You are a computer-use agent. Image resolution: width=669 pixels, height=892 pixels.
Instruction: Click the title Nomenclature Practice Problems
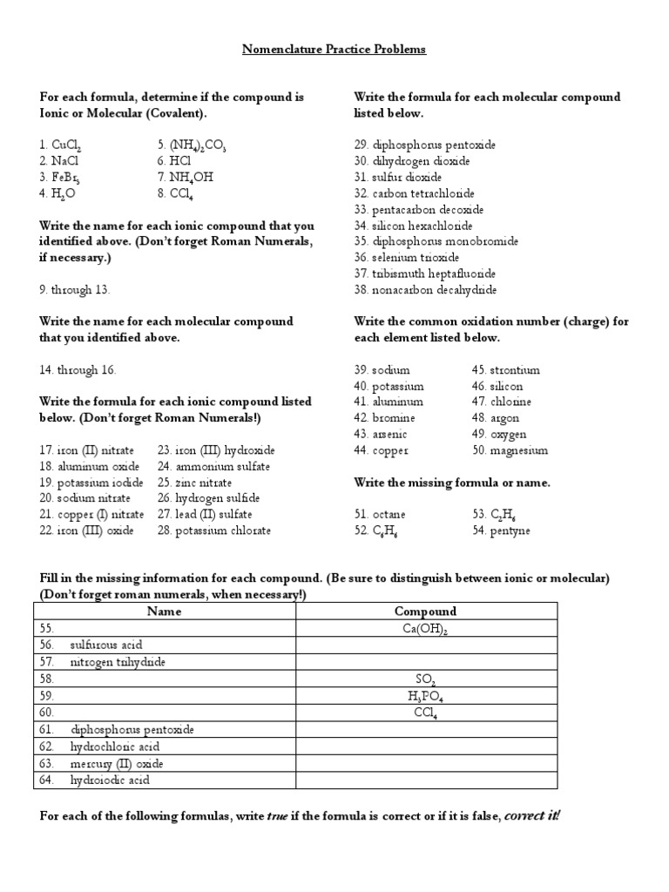click(334, 50)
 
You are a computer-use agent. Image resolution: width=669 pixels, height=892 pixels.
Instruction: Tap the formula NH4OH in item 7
click(192, 178)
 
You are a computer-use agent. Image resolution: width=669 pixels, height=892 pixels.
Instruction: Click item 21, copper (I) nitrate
click(84, 515)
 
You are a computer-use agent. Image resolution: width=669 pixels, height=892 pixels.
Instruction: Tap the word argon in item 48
click(509, 418)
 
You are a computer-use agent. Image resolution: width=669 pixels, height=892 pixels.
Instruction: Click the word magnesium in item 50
click(521, 450)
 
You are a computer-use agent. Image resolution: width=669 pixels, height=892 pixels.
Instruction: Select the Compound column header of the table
click(426, 612)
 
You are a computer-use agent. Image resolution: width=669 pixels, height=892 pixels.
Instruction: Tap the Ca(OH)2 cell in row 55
click(426, 629)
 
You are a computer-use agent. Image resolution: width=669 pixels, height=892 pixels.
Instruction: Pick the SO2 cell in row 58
click(426, 679)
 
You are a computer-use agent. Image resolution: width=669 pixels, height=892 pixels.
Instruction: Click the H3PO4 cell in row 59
click(426, 696)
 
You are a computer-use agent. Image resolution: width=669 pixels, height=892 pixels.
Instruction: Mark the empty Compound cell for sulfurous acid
click(426, 645)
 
